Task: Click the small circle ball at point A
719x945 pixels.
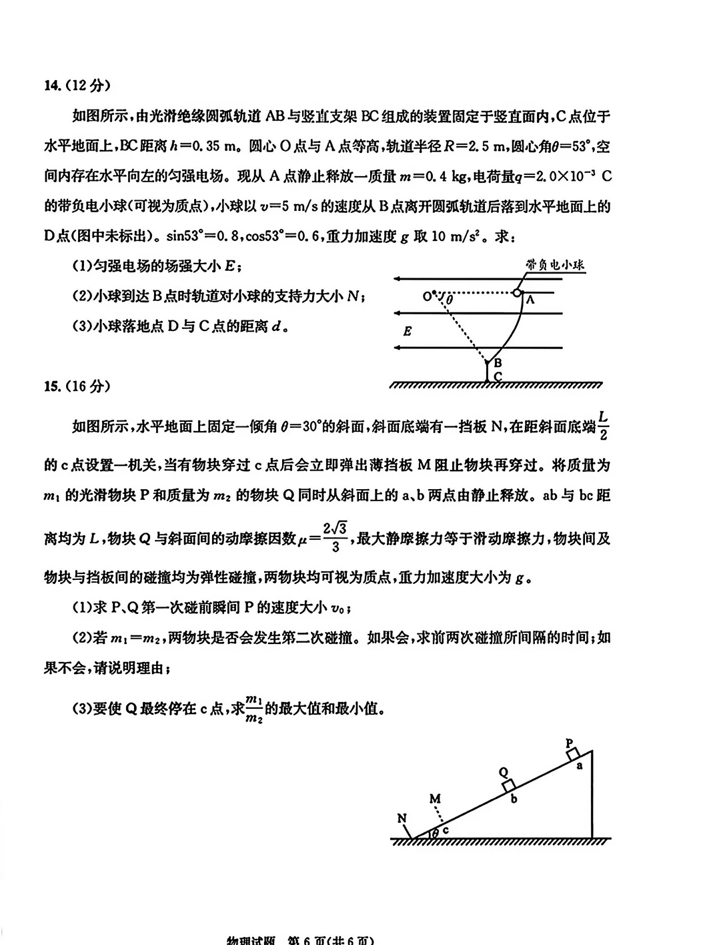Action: click(517, 292)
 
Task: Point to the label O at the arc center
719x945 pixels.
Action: click(426, 294)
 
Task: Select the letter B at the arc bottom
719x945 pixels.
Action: click(497, 363)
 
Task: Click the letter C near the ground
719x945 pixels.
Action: click(498, 377)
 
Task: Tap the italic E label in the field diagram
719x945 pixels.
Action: click(408, 331)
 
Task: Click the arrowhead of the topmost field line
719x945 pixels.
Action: click(398, 278)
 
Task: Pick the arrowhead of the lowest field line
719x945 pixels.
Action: click(398, 348)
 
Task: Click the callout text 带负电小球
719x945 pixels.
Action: click(555, 265)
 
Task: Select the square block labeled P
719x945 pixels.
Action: click(572, 754)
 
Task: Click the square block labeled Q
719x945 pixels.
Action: click(508, 785)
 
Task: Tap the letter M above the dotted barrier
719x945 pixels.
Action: click(435, 799)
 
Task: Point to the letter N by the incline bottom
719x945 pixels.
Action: click(402, 819)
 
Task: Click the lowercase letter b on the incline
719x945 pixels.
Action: click(514, 798)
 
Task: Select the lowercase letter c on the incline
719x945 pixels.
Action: click(446, 830)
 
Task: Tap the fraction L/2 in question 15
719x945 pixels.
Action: click(603, 426)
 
